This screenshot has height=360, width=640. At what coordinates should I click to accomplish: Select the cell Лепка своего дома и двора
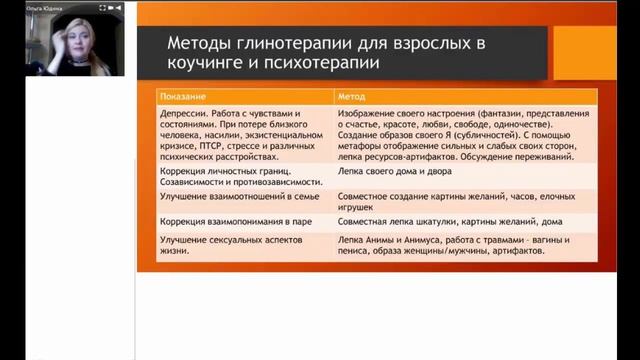pyautogui.click(x=385, y=171)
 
